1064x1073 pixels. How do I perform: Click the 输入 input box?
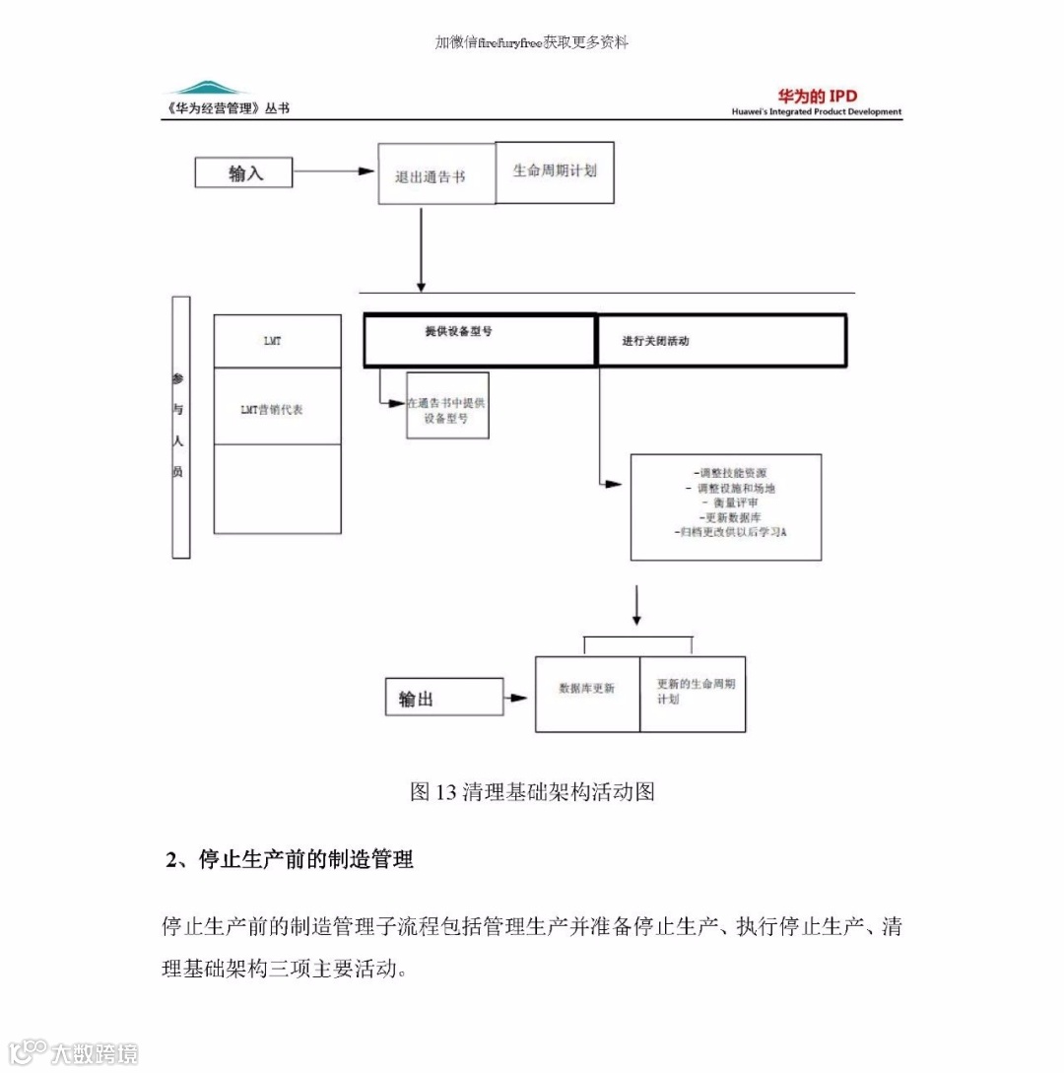point(243,173)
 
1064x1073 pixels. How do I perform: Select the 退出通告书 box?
point(436,175)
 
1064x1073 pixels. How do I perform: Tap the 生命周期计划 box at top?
point(555,171)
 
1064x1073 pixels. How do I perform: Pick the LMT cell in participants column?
point(278,341)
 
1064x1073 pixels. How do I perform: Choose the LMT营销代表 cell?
point(278,406)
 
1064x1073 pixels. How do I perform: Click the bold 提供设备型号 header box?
point(480,340)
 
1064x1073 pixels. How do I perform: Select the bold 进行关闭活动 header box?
point(721,341)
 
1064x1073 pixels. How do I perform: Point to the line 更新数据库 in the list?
point(727,517)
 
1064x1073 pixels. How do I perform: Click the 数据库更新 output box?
point(587,694)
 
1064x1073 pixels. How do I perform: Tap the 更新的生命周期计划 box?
point(693,694)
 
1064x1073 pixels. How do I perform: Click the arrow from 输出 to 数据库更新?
point(517,699)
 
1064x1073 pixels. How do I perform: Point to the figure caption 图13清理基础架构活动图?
point(532,791)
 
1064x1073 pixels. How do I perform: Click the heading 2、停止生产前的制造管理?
point(289,860)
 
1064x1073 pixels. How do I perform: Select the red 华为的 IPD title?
point(817,96)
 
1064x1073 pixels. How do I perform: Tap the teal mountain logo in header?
point(206,88)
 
